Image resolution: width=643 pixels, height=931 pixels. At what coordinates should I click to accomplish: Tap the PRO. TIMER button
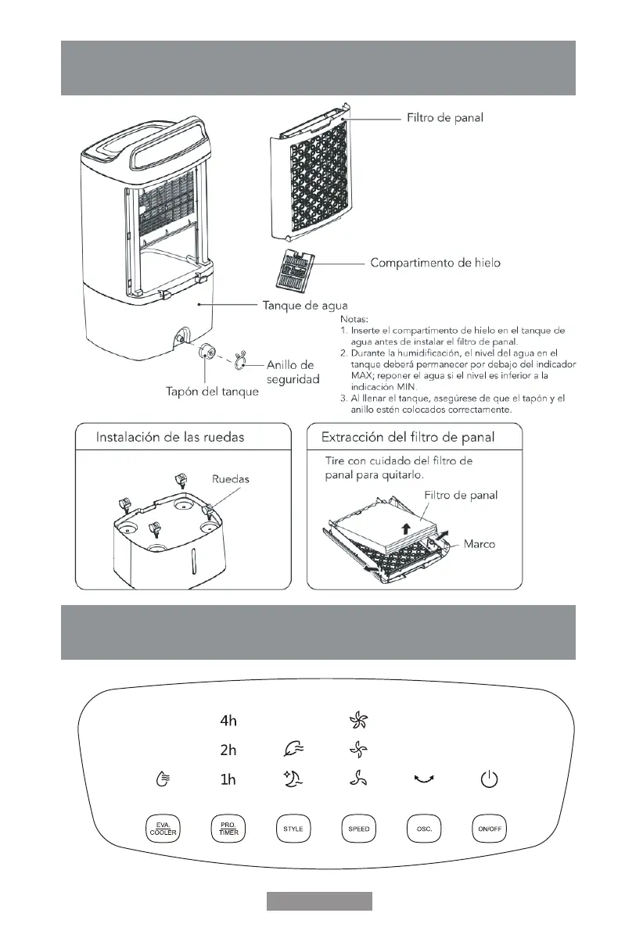(228, 829)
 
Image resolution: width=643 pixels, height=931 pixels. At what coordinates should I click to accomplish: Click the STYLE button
(293, 829)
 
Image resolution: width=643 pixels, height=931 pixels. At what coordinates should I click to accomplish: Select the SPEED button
(359, 829)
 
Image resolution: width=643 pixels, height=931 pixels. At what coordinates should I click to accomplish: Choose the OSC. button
(423, 829)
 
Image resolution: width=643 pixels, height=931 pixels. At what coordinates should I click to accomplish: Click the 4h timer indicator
(228, 720)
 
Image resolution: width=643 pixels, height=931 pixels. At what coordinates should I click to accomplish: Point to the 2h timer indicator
(228, 750)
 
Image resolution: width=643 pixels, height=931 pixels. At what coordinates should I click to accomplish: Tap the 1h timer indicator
(228, 779)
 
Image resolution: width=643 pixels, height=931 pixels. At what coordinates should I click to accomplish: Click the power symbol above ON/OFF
(488, 779)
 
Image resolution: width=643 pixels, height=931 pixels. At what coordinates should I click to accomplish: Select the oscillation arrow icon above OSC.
(423, 779)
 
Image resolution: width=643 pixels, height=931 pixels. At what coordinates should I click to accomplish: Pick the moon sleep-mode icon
(293, 779)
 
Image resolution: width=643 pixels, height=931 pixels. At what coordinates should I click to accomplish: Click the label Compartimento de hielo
(435, 263)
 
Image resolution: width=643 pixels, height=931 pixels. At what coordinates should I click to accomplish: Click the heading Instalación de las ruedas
(170, 437)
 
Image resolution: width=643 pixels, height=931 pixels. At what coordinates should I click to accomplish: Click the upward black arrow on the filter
(404, 529)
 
